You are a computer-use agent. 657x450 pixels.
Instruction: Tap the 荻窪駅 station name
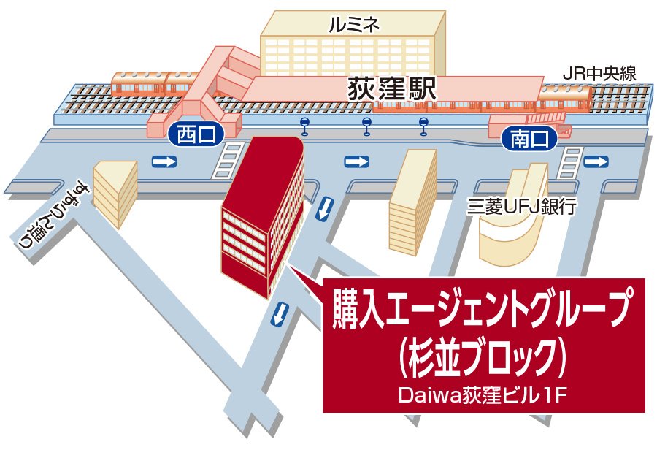(x=392, y=91)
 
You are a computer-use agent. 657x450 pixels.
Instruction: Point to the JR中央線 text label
(x=601, y=73)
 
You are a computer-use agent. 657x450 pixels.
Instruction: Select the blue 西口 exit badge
(x=193, y=134)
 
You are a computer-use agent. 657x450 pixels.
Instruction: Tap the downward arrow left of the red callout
(x=278, y=314)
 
